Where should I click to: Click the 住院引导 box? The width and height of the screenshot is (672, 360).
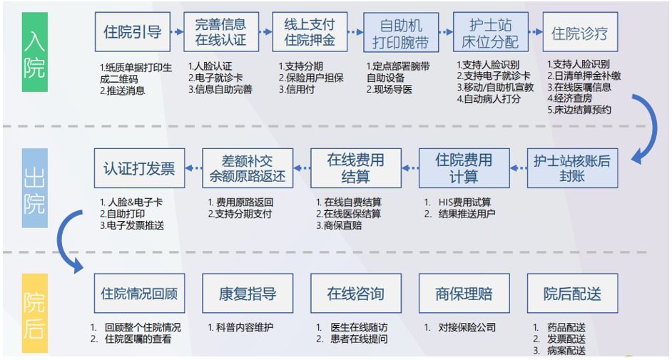pyautogui.click(x=133, y=32)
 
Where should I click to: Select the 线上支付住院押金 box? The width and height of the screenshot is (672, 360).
pyautogui.click(x=310, y=32)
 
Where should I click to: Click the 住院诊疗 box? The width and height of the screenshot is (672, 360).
pyautogui.click(x=579, y=33)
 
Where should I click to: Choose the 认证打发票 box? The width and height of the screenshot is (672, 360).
pyautogui.click(x=139, y=168)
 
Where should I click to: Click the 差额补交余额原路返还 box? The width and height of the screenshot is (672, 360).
pyautogui.click(x=248, y=168)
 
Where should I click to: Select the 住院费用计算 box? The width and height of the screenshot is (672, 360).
pyautogui.click(x=464, y=168)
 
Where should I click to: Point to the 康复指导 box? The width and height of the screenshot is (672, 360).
pyautogui.click(x=248, y=293)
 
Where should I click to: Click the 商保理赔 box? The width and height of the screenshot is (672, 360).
pyautogui.click(x=464, y=293)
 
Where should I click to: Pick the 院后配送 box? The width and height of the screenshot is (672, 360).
pyautogui.click(x=572, y=293)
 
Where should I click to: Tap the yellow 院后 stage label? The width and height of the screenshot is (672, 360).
pyautogui.click(x=34, y=314)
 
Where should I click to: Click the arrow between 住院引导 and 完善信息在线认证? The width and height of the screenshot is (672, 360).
pyautogui.click(x=178, y=32)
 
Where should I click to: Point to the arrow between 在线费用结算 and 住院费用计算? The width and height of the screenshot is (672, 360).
pyautogui.click(x=409, y=169)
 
